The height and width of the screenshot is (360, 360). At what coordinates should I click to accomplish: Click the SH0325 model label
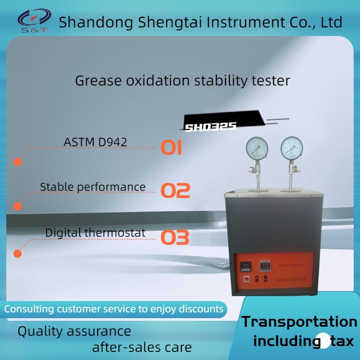pyautogui.click(x=211, y=127)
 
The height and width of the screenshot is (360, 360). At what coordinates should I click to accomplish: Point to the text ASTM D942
pyautogui.click(x=95, y=142)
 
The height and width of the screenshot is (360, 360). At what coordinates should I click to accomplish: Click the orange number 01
pyautogui.click(x=171, y=148)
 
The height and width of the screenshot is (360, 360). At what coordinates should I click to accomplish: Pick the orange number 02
pyautogui.click(x=175, y=191)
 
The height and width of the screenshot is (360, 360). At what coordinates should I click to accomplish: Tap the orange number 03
pyautogui.click(x=175, y=237)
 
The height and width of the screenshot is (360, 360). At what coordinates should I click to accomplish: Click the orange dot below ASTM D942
pyautogui.click(x=18, y=162)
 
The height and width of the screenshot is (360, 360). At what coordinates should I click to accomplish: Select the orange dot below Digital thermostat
pyautogui.click(x=18, y=254)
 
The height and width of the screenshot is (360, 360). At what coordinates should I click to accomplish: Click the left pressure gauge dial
pyautogui.click(x=257, y=147)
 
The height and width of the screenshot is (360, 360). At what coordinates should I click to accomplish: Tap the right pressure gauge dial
pyautogui.click(x=292, y=147)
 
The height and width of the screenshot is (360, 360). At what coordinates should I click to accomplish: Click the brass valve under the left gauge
pyautogui.click(x=253, y=171)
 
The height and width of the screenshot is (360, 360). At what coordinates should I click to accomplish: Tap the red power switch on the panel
pyautogui.click(x=247, y=279)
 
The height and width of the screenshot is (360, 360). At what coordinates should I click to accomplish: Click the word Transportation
pyautogui.click(x=299, y=322)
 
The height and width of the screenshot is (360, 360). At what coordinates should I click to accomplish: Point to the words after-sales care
pyautogui.click(x=142, y=347)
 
